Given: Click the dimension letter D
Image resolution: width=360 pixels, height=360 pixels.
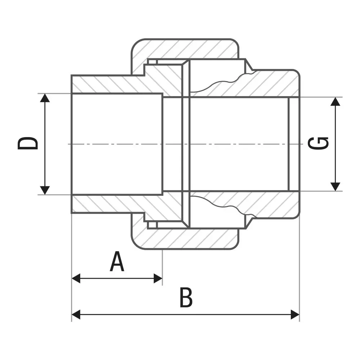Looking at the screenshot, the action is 28,144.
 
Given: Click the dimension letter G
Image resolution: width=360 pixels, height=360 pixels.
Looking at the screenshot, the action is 318,144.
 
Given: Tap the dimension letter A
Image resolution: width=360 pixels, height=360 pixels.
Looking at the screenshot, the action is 117,261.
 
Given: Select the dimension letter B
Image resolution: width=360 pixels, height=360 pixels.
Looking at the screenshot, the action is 186,297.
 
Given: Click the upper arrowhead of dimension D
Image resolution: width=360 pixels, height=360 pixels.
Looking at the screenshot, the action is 45,98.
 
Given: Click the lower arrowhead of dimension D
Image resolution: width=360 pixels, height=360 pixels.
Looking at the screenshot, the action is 45,190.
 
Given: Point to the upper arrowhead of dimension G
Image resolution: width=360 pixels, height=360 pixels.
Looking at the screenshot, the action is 336,102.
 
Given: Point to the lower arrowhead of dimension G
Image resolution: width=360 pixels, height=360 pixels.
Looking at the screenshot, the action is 336,186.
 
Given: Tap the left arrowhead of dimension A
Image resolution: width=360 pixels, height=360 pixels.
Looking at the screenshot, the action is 76,278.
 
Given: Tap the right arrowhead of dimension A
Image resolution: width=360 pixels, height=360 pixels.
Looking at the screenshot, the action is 158,278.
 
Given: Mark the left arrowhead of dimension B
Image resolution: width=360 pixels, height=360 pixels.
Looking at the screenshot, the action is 76,314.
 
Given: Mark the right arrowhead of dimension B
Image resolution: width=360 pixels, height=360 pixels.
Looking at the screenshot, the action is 295,314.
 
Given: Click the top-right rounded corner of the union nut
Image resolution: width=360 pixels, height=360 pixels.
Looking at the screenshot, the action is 235,43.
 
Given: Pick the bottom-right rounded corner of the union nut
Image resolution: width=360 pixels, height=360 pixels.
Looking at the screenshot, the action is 235,245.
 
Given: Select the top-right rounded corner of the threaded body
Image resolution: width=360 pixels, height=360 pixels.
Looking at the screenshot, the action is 296,73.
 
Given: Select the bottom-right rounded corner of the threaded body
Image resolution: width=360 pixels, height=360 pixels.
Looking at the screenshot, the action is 296,215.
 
